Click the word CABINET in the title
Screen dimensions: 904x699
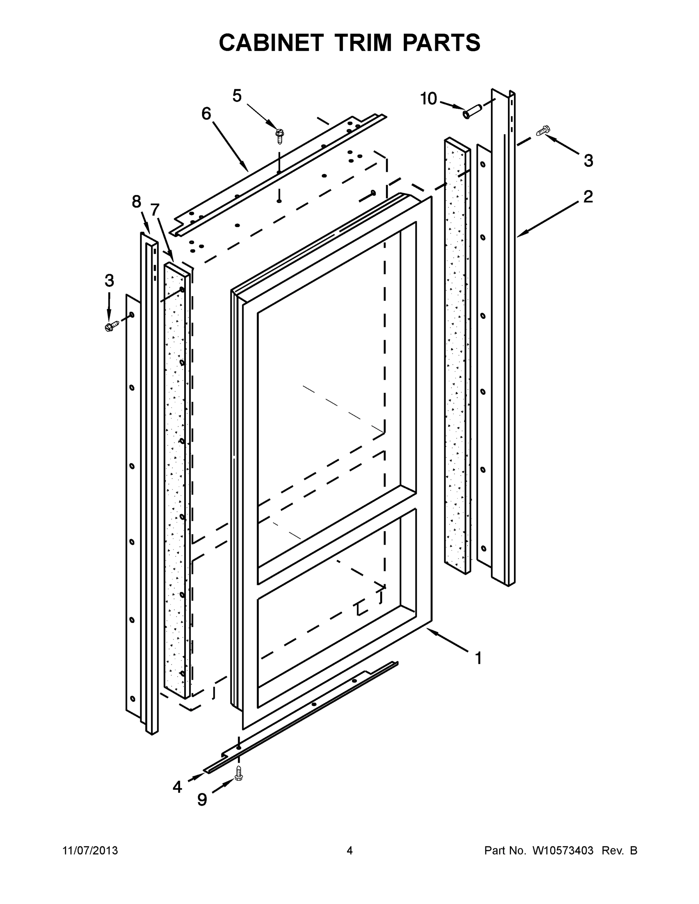point(271,43)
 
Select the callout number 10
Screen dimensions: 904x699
point(428,99)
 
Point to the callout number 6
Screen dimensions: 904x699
point(206,113)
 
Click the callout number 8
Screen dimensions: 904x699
point(136,202)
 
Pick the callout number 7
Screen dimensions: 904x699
point(154,210)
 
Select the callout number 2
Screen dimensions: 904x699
point(588,197)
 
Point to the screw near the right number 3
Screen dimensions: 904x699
point(543,131)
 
